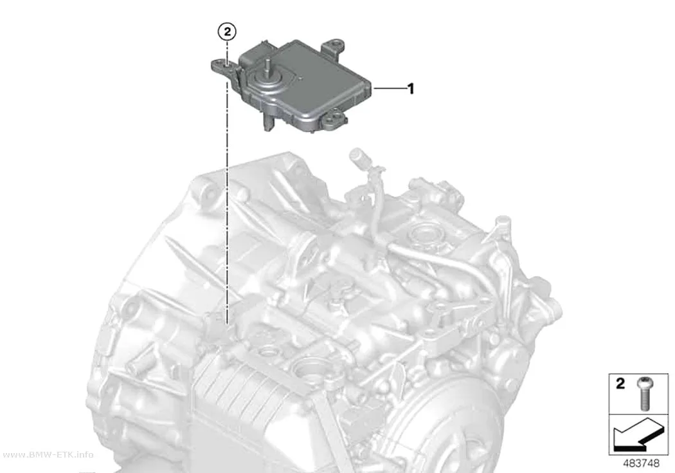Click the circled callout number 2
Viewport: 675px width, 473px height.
pos(227,32)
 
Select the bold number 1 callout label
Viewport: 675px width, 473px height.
pos(411,89)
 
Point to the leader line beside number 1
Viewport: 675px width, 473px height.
pos(390,88)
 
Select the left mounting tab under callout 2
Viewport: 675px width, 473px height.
pos(224,67)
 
